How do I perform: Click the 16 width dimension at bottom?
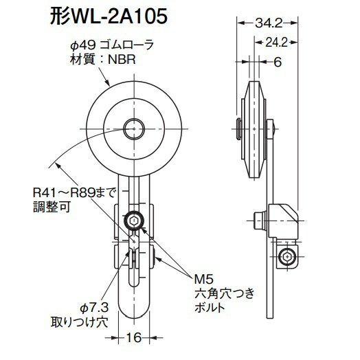pos(135,337)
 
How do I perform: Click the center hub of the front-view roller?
pos(135,126)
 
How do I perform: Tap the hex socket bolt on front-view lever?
pos(135,220)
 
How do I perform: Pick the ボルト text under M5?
pos(210,308)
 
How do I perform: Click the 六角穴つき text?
pos(221,293)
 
